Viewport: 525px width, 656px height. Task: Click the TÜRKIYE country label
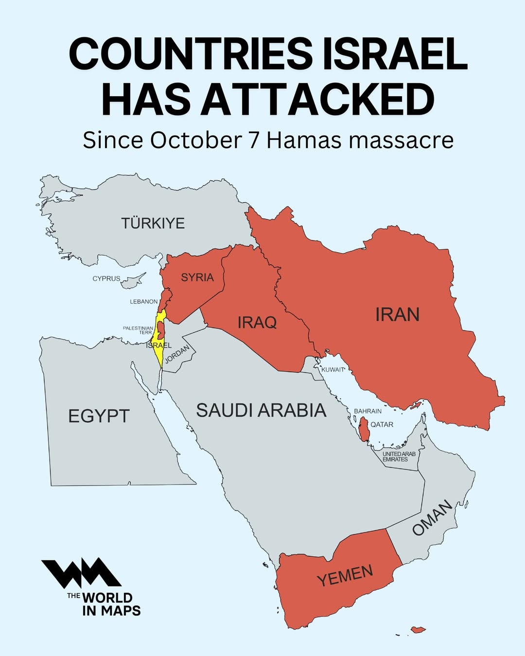point(153,223)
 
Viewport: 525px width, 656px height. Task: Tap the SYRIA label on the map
point(197,277)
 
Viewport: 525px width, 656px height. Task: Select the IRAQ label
point(257,322)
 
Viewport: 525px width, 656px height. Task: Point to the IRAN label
point(397,315)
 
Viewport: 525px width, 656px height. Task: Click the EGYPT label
point(99,416)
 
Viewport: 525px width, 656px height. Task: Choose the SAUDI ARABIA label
point(261,411)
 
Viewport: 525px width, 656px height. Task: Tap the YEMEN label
point(345,575)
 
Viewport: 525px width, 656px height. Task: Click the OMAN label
point(432,518)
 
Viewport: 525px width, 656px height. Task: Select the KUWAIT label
point(333,370)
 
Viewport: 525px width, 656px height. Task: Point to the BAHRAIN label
point(367,411)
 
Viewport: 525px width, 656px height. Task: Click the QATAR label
point(382,424)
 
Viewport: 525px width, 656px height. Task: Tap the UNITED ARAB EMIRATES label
point(399,456)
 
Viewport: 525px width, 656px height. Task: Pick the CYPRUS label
point(106,278)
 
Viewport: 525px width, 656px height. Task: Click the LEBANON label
point(143,302)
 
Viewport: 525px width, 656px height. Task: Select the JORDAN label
point(177,354)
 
